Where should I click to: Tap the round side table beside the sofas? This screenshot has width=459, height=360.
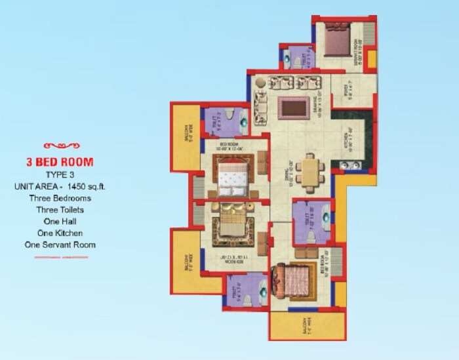coord(259,84)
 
